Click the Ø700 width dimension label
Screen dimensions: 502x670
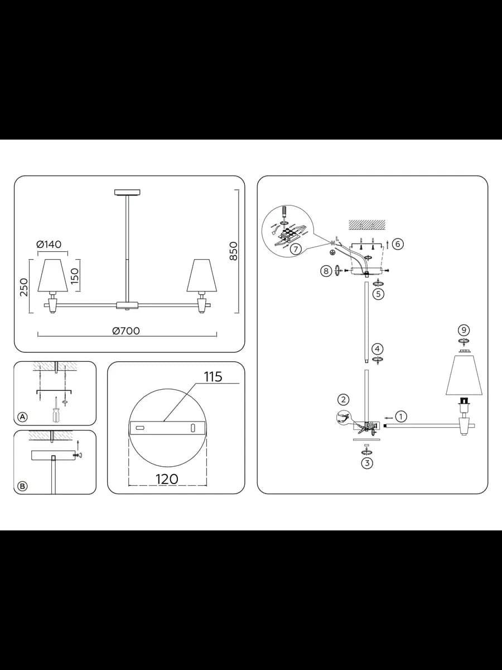[x=126, y=331]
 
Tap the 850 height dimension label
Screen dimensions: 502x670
[x=233, y=251]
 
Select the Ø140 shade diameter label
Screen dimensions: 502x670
[x=49, y=244]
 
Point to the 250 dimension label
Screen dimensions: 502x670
[x=24, y=287]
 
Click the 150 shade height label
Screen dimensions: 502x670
[x=75, y=276]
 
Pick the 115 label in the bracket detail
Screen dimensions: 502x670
[x=213, y=377]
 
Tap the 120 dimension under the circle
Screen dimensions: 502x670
[x=167, y=479]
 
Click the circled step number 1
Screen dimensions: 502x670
[x=401, y=417]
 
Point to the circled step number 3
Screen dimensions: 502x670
[x=367, y=463]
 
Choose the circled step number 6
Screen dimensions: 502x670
[x=398, y=244]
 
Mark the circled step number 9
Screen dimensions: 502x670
[x=464, y=330]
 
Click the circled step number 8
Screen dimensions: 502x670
[x=326, y=271]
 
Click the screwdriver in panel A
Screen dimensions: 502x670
[x=56, y=409]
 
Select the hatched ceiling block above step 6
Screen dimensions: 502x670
[x=366, y=224]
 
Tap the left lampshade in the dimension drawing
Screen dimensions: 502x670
[x=52, y=276]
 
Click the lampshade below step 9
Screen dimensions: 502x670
[x=464, y=375]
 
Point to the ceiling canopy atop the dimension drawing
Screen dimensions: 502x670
[x=127, y=192]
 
